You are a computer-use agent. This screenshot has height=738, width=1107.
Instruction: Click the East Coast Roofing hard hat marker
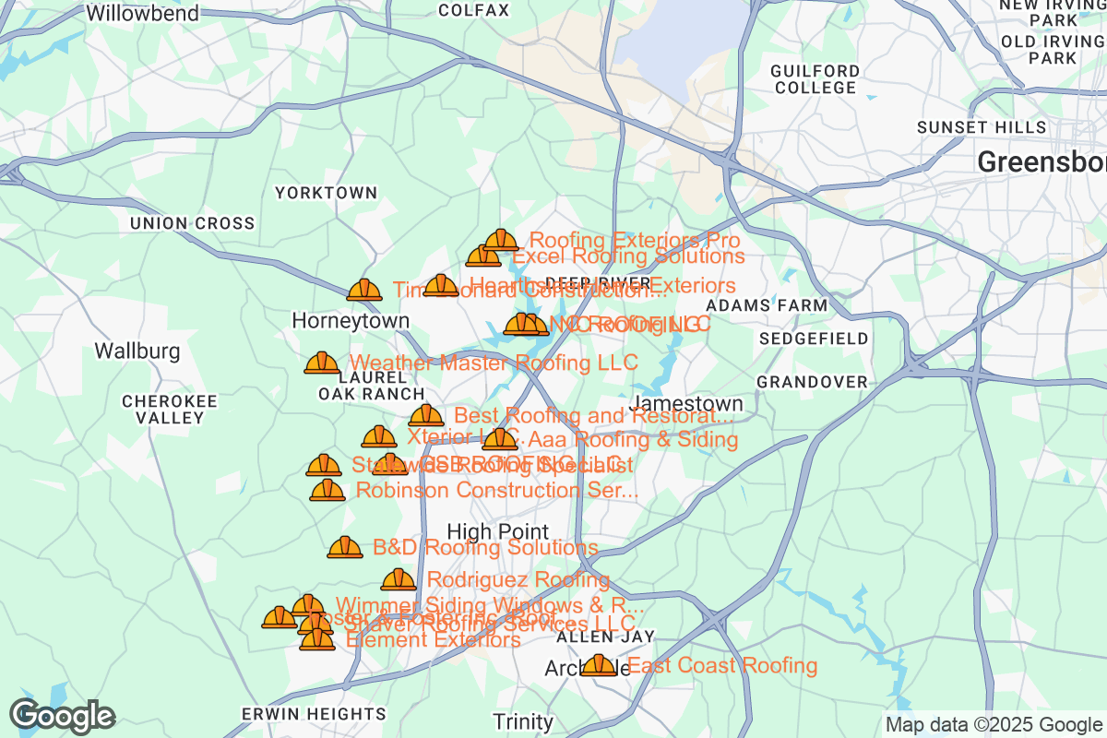click(x=599, y=664)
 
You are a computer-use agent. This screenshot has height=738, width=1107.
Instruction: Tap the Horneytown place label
click(x=351, y=320)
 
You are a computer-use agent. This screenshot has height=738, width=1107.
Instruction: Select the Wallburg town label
click(x=137, y=351)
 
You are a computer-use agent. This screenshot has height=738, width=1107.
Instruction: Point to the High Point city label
click(x=497, y=532)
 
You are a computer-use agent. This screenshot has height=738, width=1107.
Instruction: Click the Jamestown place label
click(x=686, y=404)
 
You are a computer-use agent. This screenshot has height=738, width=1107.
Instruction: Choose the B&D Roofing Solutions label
click(x=485, y=548)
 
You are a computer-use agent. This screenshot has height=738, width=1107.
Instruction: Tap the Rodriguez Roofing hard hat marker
click(x=399, y=579)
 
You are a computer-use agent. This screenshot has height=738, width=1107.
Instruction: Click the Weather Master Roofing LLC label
click(x=494, y=363)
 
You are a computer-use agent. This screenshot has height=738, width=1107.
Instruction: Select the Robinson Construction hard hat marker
click(x=327, y=490)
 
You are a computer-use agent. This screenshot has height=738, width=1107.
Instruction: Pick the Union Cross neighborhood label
click(x=192, y=223)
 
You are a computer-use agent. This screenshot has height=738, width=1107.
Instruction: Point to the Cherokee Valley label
click(x=170, y=410)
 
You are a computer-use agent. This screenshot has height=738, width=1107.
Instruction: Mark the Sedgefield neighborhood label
click(x=815, y=339)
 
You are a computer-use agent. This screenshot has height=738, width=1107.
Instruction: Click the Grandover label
click(x=812, y=382)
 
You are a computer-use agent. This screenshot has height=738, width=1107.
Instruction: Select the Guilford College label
click(x=815, y=79)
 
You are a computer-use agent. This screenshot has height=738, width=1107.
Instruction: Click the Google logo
click(x=63, y=716)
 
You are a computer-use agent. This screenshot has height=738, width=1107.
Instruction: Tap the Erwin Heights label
click(x=314, y=714)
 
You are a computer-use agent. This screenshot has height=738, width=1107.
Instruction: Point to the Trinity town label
click(x=523, y=721)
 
